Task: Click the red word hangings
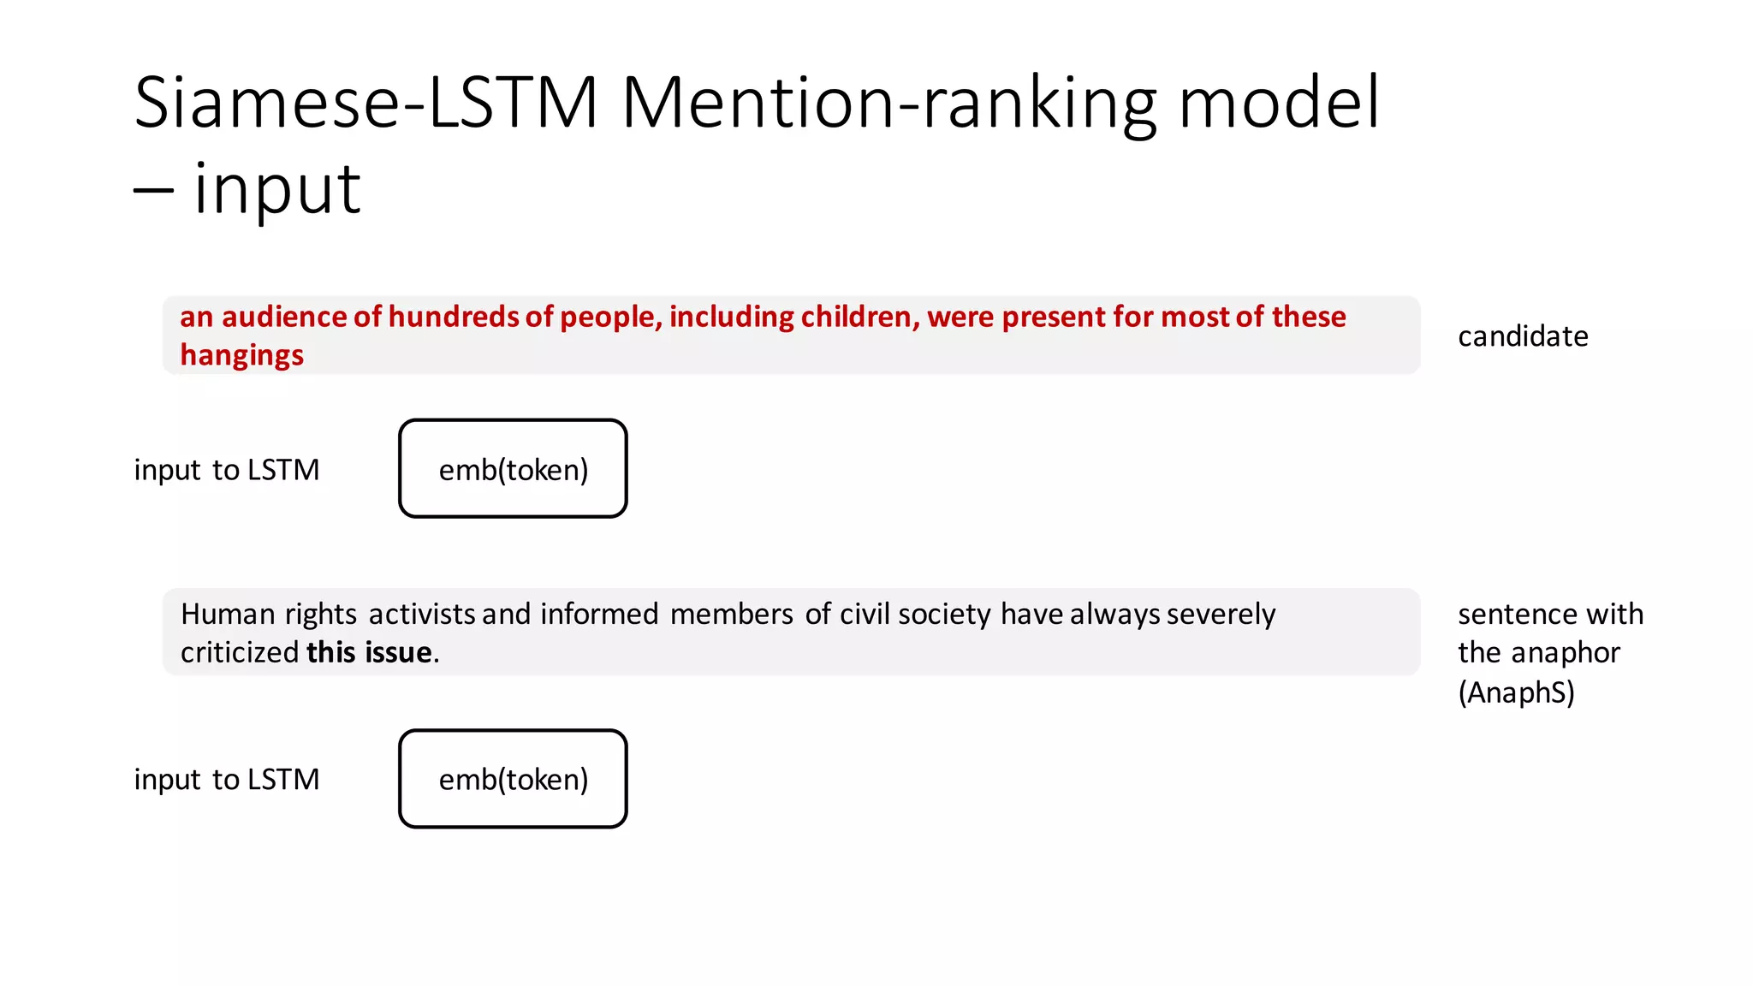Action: pyautogui.click(x=241, y=355)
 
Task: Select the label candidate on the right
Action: pyautogui.click(x=1523, y=336)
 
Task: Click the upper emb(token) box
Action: pyautogui.click(x=513, y=469)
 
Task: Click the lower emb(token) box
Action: pyautogui.click(x=513, y=779)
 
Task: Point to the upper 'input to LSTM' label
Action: pyautogui.click(x=226, y=470)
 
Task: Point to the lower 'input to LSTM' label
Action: pyautogui.click(x=226, y=780)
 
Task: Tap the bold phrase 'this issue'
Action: pyautogui.click(x=369, y=653)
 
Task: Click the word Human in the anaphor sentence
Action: pyautogui.click(x=227, y=615)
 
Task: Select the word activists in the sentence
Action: pyautogui.click(x=422, y=615)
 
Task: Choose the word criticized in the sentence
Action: pyautogui.click(x=239, y=653)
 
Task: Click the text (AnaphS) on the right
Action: pyautogui.click(x=1516, y=692)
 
